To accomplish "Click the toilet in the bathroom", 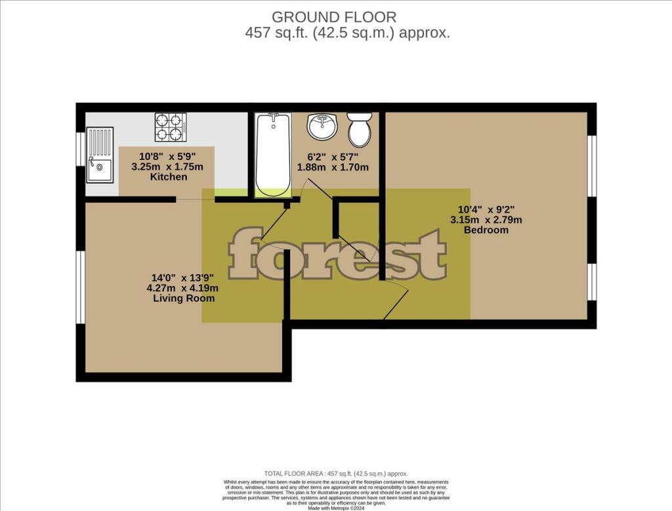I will pyautogui.click(x=359, y=129).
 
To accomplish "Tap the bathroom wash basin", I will pyautogui.click(x=322, y=127).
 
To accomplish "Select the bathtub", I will pyautogui.click(x=273, y=155).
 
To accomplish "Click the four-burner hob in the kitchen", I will pyautogui.click(x=169, y=127).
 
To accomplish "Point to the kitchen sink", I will pyautogui.click(x=100, y=155).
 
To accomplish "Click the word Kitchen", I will pyautogui.click(x=169, y=177).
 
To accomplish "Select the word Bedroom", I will pyautogui.click(x=486, y=230).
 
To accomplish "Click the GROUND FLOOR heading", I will pyautogui.click(x=334, y=17).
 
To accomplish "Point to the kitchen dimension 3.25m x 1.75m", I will pyautogui.click(x=167, y=167).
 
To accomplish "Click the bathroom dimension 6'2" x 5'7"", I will pyautogui.click(x=333, y=157).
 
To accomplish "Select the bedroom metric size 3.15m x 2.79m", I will pyautogui.click(x=486, y=220).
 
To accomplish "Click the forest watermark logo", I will pyautogui.click(x=337, y=254).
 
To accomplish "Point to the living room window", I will pyautogui.click(x=79, y=287).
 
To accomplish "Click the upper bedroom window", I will pyautogui.click(x=591, y=166).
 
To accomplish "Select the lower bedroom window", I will pyautogui.click(x=591, y=283).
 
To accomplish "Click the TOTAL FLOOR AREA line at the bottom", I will pyautogui.click(x=335, y=473).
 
